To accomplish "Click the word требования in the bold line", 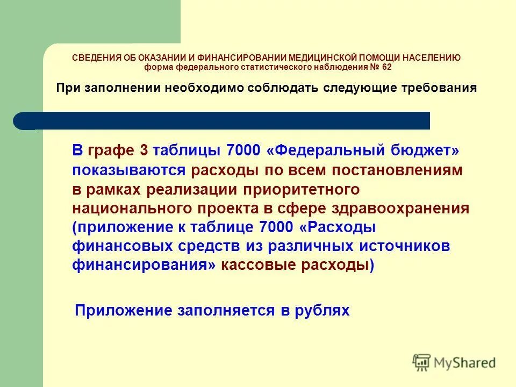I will click(440, 88).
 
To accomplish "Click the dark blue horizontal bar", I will click(226, 120).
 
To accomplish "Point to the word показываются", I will click(129, 171).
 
